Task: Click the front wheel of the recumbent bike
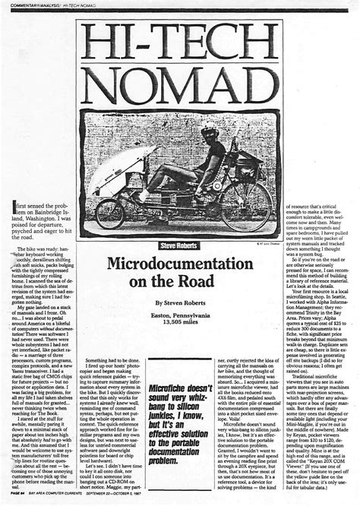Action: tap(110, 213)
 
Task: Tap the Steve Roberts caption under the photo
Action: tap(179, 246)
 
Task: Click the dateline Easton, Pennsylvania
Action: tap(179, 315)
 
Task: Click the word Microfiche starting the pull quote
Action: tap(168, 389)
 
